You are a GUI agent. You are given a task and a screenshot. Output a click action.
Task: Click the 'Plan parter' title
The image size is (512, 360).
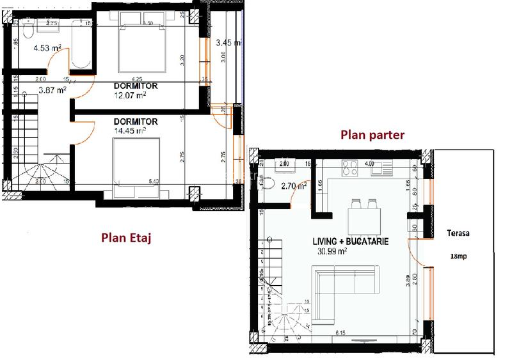click(x=372, y=135)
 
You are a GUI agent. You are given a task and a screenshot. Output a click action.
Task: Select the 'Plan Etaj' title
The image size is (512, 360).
click(x=129, y=238)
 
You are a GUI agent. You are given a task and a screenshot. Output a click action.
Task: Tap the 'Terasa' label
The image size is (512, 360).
click(x=458, y=233)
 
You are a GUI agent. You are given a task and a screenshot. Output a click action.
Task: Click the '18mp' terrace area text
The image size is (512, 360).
click(x=458, y=257)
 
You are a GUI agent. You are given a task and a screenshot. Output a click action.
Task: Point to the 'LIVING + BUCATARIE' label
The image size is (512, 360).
click(x=350, y=242)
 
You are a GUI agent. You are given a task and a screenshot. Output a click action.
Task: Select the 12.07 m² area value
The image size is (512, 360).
click(x=131, y=95)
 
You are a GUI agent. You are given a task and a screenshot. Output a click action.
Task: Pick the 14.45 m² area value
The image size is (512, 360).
click(x=130, y=130)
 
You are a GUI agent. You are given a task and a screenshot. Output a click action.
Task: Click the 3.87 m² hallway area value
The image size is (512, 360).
click(x=52, y=91)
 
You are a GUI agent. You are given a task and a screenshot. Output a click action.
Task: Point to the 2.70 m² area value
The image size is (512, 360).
click(x=292, y=187)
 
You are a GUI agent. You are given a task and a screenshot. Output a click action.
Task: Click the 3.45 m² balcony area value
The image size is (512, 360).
click(x=228, y=43)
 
